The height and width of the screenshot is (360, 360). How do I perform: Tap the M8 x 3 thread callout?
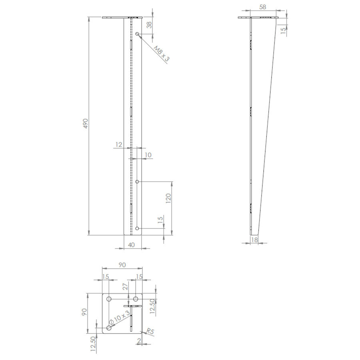click(162, 53)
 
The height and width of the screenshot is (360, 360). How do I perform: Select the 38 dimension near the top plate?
click(149, 25)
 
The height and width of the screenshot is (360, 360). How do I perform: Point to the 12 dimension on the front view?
click(118, 144)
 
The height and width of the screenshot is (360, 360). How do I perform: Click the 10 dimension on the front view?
click(148, 155)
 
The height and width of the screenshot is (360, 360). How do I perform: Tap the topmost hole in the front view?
click(137, 34)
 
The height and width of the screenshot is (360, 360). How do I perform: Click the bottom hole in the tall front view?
click(137, 228)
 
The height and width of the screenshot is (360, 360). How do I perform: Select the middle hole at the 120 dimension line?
click(137, 182)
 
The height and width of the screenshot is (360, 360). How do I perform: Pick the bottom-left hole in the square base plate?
click(108, 328)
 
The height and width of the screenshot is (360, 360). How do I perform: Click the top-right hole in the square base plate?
click(136, 299)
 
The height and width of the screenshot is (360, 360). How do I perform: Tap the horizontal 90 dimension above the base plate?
click(122, 265)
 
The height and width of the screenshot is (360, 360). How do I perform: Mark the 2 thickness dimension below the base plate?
click(138, 341)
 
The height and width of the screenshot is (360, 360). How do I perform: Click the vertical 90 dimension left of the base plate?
click(84, 312)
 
